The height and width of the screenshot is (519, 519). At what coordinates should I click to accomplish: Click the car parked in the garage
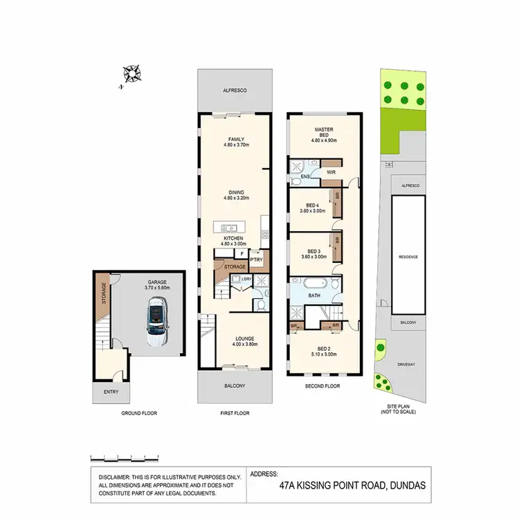pyautogui.click(x=158, y=319)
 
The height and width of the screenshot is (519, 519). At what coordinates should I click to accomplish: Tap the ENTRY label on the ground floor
pyautogui.click(x=111, y=392)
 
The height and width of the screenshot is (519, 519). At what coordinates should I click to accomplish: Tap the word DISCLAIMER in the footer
pyautogui.click(x=116, y=477)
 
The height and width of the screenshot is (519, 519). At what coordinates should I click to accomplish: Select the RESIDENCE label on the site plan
pyautogui.click(x=408, y=256)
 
